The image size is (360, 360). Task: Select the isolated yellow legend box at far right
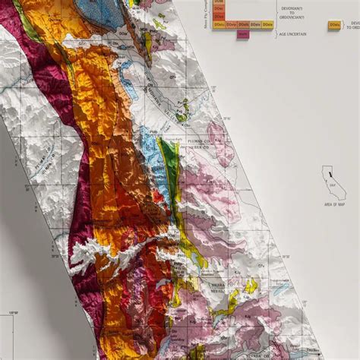(x=334, y=25)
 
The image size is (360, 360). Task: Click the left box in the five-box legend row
(x=219, y=25)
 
